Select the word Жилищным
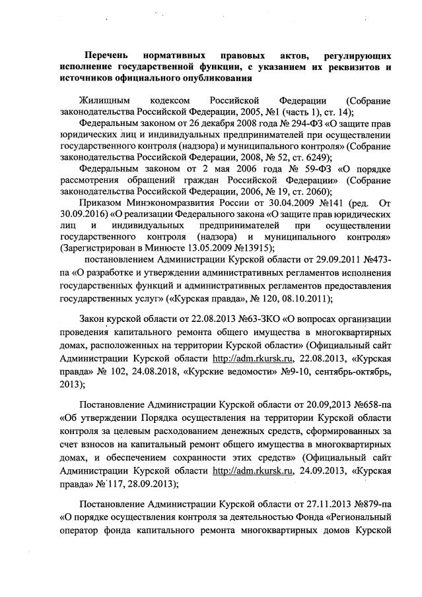click(101, 100)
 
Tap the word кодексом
click(172, 100)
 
